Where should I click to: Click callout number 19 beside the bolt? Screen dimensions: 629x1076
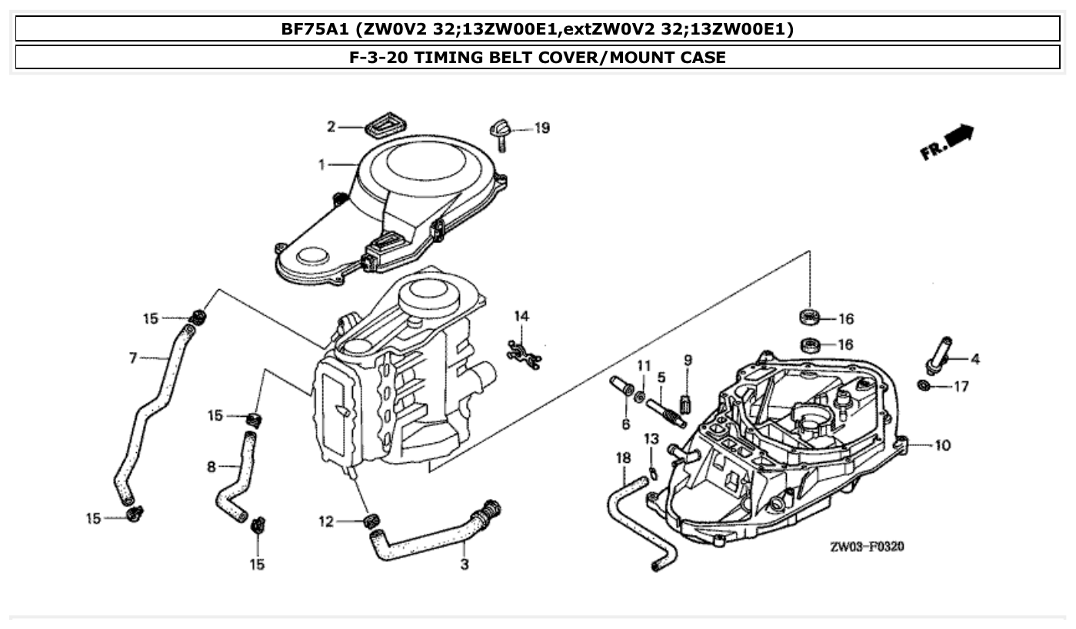click(x=542, y=128)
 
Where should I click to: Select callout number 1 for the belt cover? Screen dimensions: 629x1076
click(x=323, y=165)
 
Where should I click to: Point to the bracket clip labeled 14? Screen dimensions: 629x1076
click(x=523, y=351)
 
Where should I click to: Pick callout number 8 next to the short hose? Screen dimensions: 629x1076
click(x=211, y=467)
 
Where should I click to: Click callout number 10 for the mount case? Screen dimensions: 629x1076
click(x=942, y=445)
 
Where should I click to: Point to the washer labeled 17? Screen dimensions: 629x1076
click(x=924, y=385)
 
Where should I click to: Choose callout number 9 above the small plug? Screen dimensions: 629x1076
click(x=688, y=360)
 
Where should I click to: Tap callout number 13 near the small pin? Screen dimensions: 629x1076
click(x=651, y=439)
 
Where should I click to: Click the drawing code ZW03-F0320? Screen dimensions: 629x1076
click(x=866, y=547)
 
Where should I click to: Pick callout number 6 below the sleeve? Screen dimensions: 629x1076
click(x=625, y=424)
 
